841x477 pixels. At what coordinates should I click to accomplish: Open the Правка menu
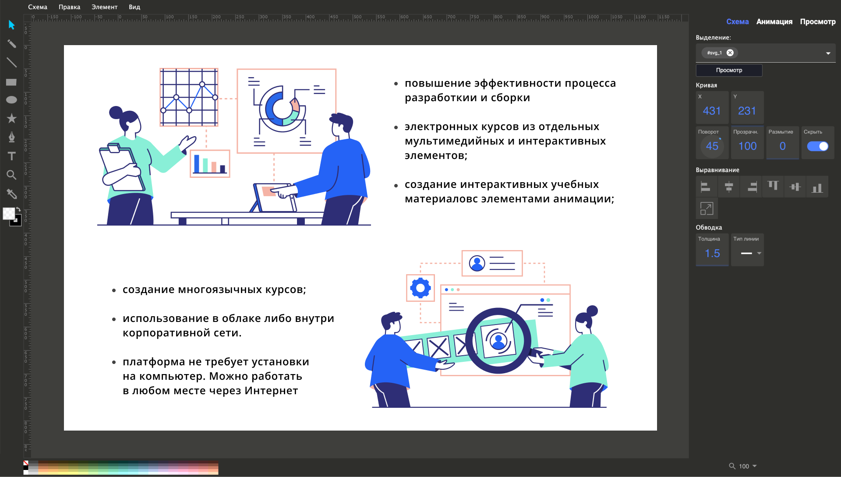point(69,7)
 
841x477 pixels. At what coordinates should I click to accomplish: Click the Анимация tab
point(774,21)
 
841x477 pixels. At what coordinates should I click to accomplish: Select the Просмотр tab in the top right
point(817,21)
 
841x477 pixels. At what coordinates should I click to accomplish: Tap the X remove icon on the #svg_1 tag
point(730,53)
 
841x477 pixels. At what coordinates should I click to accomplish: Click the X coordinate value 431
point(712,111)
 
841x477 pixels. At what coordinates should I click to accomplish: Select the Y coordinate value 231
point(747,111)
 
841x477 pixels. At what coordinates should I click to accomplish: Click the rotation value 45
point(712,146)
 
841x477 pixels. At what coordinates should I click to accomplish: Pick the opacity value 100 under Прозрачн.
point(747,146)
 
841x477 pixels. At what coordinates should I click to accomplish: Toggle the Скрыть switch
point(817,146)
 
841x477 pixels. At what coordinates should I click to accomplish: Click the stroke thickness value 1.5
point(712,253)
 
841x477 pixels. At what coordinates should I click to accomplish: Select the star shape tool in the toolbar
point(12,118)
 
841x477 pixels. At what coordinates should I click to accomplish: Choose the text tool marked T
point(12,156)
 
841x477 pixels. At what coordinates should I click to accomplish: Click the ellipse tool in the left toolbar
point(11,100)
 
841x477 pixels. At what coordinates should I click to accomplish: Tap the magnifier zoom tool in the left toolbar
point(12,175)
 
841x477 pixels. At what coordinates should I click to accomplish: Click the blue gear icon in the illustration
point(420,288)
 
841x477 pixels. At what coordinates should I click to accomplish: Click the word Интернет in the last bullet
point(271,391)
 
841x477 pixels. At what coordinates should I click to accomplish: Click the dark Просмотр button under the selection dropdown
point(729,70)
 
